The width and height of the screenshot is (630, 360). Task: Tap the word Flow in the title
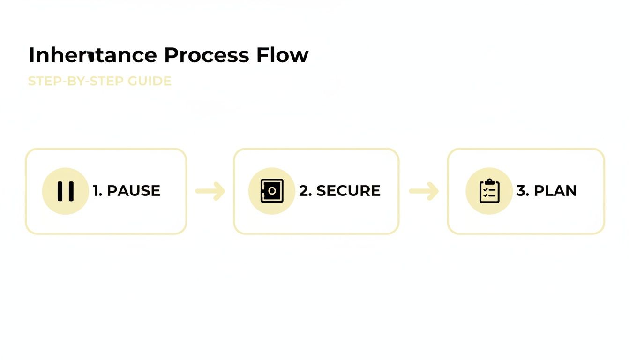[x=282, y=55]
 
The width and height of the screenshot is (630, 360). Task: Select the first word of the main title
[x=92, y=55]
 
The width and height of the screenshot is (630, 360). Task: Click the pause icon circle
[x=65, y=191]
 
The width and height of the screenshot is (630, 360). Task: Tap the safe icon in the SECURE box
[x=272, y=191]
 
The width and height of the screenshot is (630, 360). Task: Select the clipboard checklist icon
[x=489, y=191]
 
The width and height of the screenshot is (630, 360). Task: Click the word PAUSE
[x=134, y=191]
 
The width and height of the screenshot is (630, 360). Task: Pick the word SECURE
[x=348, y=191]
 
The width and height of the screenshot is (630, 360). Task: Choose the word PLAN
[x=555, y=191]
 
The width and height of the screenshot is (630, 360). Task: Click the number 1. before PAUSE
[x=97, y=191]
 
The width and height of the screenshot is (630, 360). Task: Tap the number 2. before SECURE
[x=305, y=191]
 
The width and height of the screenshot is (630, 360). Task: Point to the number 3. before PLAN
[x=522, y=191]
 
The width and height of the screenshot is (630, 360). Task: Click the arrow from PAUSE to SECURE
[x=210, y=191]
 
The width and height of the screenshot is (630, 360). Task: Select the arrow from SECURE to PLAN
[x=424, y=191]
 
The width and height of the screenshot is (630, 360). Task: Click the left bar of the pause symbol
[x=60, y=191]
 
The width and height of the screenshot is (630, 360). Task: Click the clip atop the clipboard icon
[x=489, y=181]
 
